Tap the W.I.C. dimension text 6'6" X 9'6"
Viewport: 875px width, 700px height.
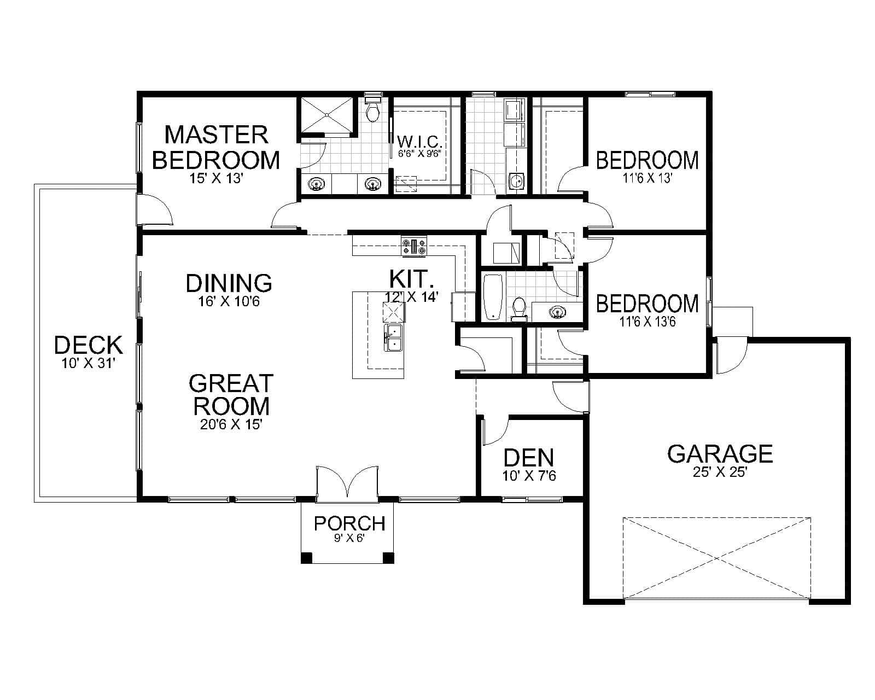click(x=416, y=154)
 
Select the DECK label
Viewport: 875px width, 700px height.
click(x=88, y=346)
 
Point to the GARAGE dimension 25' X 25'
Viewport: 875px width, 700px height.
click(x=720, y=473)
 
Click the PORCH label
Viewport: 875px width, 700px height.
click(x=349, y=523)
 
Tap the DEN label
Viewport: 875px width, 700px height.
click(x=528, y=458)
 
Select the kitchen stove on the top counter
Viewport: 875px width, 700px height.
click(x=414, y=247)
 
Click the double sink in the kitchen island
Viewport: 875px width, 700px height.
click(x=393, y=337)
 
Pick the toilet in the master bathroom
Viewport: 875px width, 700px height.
click(x=373, y=112)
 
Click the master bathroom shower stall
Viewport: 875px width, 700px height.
click(x=326, y=115)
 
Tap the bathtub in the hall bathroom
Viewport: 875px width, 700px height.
click(x=493, y=297)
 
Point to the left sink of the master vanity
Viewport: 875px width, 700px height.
click(x=317, y=185)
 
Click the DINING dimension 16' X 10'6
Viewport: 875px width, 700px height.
click(x=229, y=301)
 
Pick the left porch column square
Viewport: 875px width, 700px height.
click(x=306, y=558)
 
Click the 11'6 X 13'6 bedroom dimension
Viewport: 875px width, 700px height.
click(x=647, y=322)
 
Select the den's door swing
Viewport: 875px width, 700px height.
click(x=495, y=430)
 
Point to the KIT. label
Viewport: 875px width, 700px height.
click(x=412, y=279)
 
